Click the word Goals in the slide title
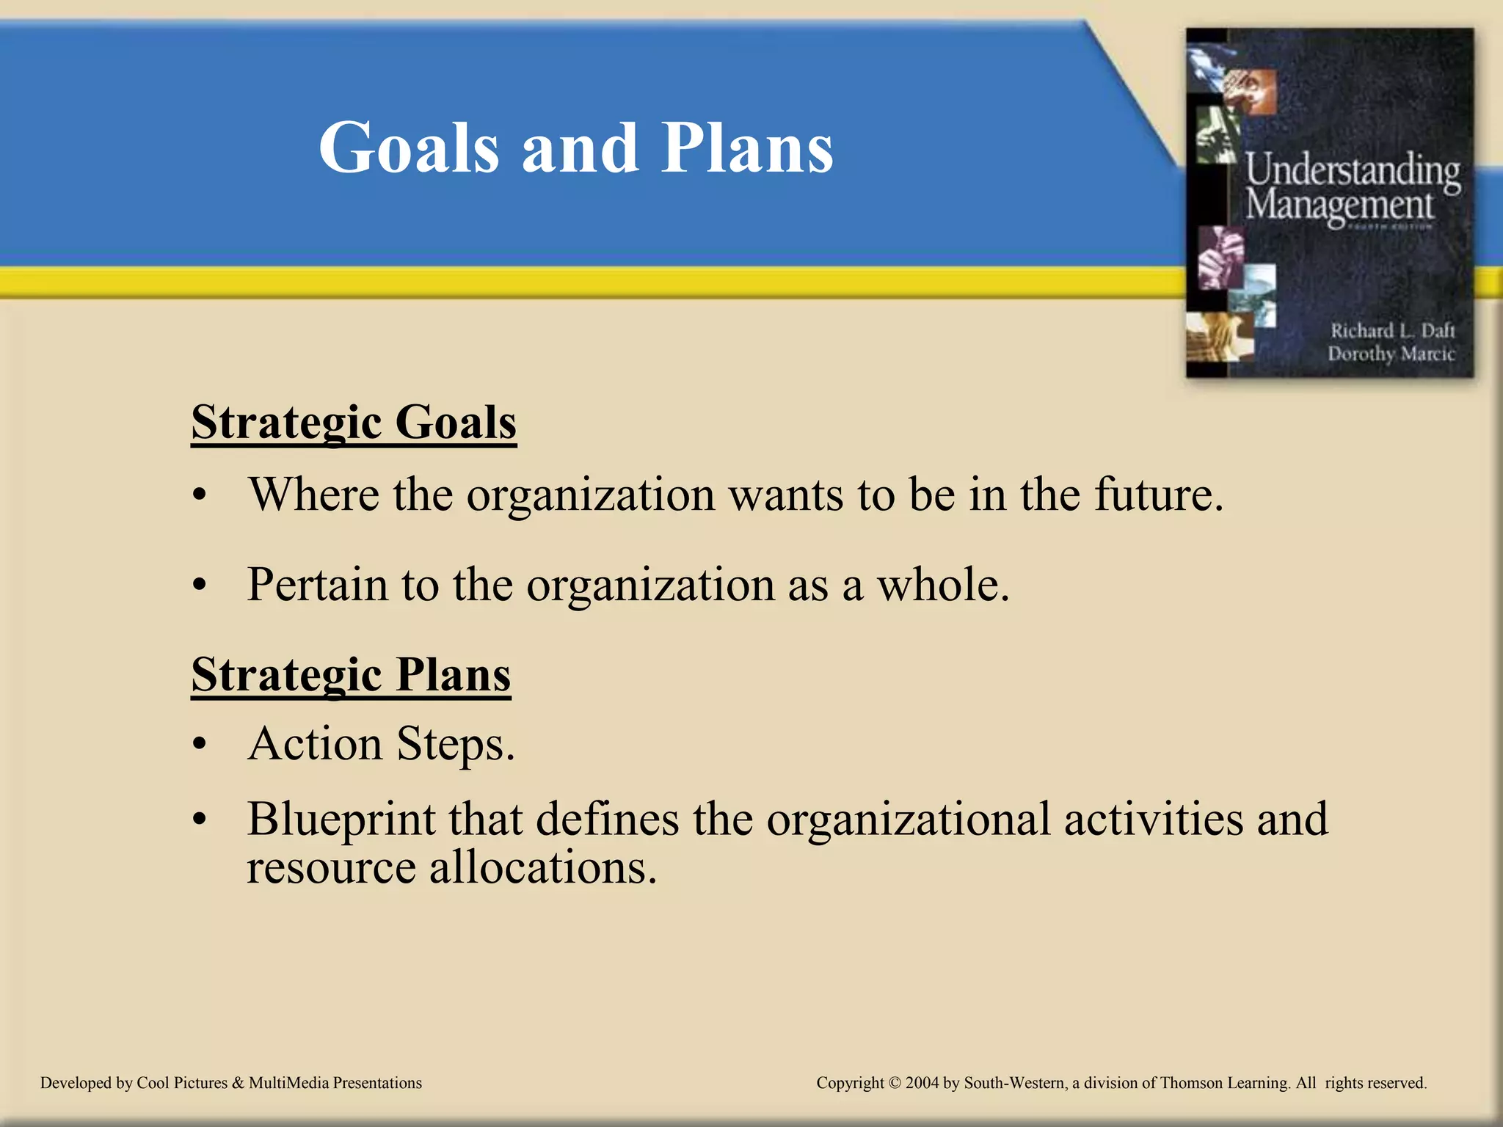409,148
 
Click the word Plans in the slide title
746,148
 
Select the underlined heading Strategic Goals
354,423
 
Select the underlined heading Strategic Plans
351,675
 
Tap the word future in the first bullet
1158,495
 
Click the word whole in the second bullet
942,586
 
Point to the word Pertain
317,586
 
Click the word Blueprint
341,820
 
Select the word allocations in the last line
542,868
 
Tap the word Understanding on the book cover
1352,170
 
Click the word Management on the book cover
1339,205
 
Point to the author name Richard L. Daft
1392,331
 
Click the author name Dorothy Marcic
1391,354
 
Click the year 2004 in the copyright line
922,1083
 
